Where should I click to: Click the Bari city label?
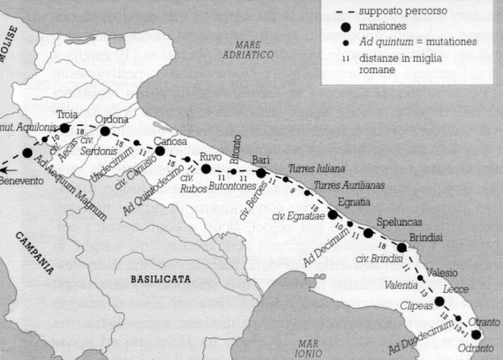tap(260, 160)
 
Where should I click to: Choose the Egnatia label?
tap(354, 202)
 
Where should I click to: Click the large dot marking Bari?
tap(261, 173)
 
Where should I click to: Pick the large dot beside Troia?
tap(64, 128)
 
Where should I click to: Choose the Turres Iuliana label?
tap(317, 168)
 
